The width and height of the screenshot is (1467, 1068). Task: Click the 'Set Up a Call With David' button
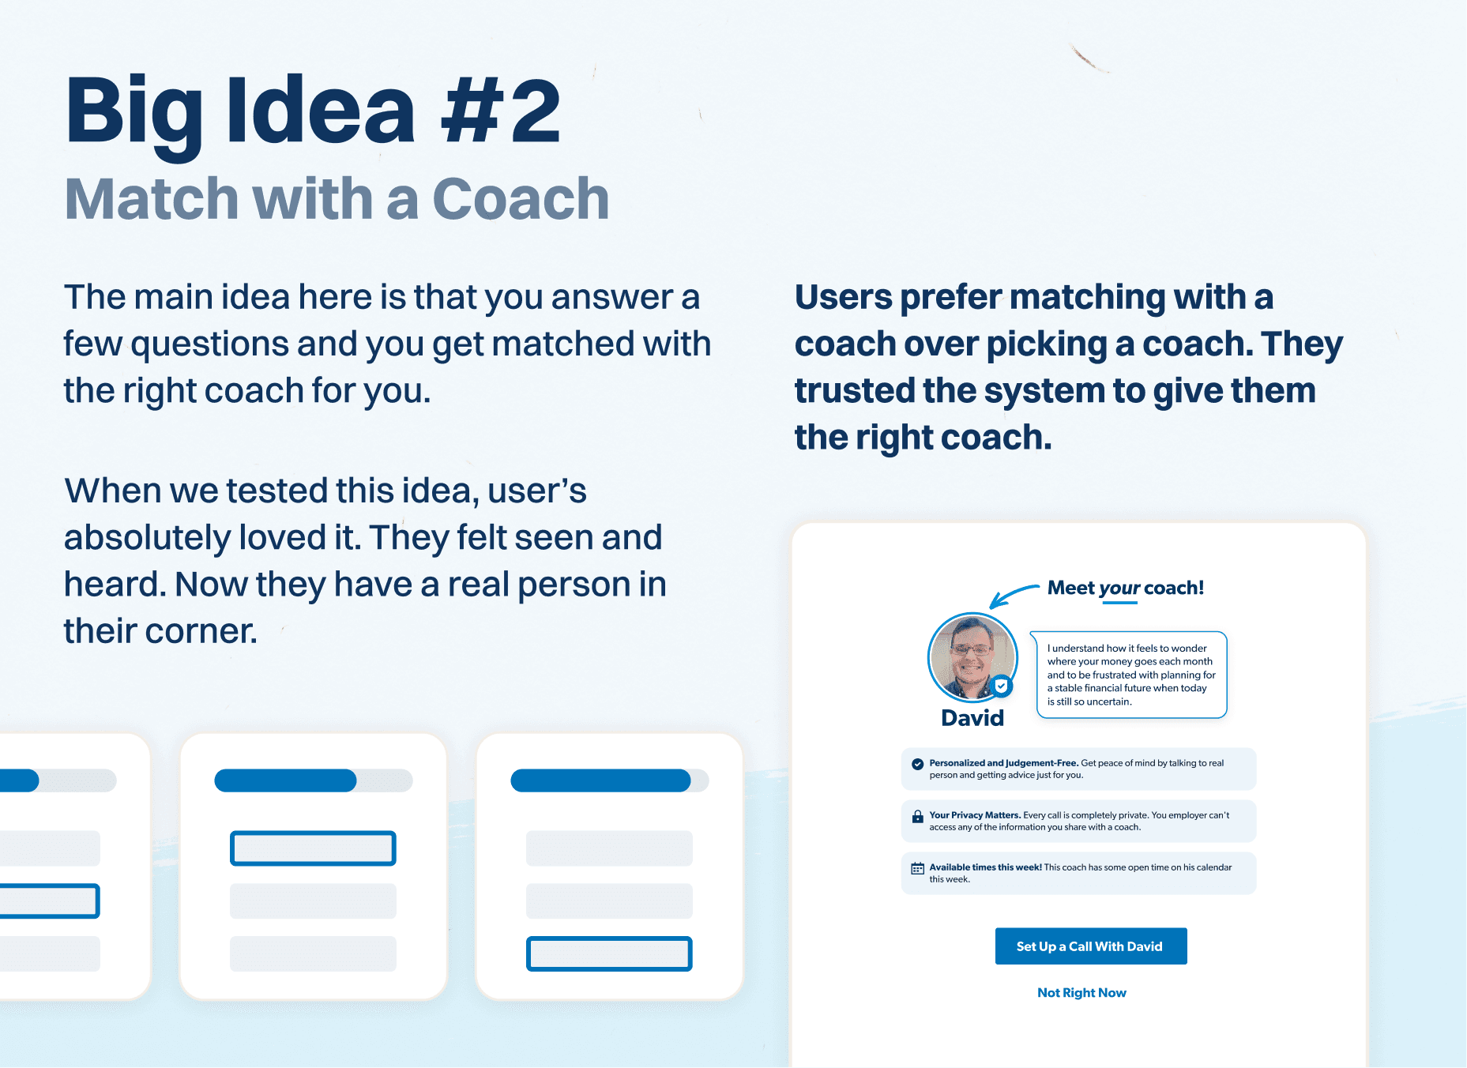point(1090,946)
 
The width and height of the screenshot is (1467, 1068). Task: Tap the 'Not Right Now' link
point(1081,993)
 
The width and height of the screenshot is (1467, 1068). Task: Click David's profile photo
point(972,657)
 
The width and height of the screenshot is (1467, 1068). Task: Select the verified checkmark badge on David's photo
point(1002,686)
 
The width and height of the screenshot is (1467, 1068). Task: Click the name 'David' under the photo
point(972,718)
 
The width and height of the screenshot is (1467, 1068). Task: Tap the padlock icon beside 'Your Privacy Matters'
point(917,817)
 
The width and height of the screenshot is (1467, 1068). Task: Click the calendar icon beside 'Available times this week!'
point(917,868)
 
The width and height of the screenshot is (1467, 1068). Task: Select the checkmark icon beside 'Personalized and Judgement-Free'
point(917,764)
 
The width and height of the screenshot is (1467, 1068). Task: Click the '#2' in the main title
point(501,111)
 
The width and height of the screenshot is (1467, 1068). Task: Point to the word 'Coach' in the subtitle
point(521,198)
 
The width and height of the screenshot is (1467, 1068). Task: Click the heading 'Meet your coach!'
point(1126,588)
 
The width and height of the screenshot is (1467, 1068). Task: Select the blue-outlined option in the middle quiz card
point(313,848)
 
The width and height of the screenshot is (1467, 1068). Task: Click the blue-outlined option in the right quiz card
point(609,953)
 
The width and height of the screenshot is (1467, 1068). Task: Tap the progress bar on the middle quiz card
point(314,780)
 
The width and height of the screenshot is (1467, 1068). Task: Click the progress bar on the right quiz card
point(610,780)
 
